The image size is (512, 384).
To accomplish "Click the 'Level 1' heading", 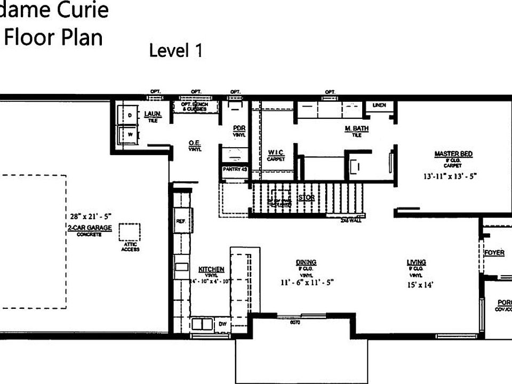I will [175, 51].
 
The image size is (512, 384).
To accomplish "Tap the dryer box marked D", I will [129, 115].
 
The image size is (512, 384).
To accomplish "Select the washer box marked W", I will [129, 134].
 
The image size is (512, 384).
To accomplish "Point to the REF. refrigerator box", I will [181, 220].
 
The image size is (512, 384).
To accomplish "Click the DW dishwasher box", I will [222, 324].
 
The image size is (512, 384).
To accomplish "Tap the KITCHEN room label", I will [211, 269].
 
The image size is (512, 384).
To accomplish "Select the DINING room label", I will [306, 262].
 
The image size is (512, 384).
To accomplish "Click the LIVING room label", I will [416, 262].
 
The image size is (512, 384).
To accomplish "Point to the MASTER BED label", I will [453, 154].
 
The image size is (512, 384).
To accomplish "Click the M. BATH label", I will [357, 129].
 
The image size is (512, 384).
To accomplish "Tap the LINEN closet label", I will [379, 105].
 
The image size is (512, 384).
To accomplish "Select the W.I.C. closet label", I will [276, 153].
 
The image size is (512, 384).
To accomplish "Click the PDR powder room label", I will [238, 129].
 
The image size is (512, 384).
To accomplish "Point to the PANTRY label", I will [235, 169].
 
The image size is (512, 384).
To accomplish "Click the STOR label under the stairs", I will [306, 198].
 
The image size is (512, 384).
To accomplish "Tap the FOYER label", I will [494, 253].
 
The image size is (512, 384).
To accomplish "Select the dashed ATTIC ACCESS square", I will [130, 232].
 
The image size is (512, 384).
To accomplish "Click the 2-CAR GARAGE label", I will [90, 227].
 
